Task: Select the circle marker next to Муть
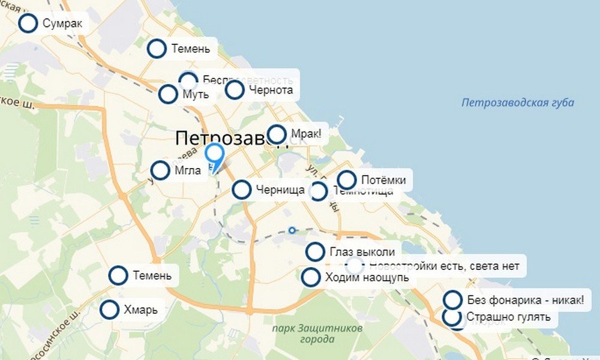168,94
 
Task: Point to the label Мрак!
305,134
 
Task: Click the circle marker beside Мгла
160,170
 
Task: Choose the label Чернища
280,190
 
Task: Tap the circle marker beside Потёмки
347,180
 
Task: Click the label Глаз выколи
362,251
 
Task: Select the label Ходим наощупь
367,277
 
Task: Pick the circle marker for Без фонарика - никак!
452,299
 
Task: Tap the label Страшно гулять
508,317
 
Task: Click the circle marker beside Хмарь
110,310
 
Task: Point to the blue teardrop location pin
214,155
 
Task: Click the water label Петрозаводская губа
517,103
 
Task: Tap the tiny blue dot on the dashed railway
292,230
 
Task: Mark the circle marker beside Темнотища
318,192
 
